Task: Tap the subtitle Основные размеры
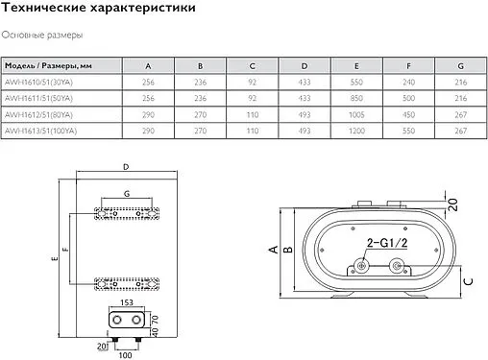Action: tap(41, 36)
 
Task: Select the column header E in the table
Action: tap(356, 66)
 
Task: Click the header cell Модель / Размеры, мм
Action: tap(47, 66)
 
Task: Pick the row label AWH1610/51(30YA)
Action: tap(42, 83)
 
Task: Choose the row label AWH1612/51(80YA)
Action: tap(42, 113)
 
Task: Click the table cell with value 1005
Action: tap(356, 113)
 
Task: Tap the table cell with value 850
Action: tap(356, 98)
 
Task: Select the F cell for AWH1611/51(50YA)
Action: tap(408, 98)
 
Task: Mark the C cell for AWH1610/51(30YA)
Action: tap(252, 83)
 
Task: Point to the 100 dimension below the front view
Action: tap(124, 355)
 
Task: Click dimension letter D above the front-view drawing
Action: tap(126, 168)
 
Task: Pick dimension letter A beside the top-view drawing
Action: tap(273, 251)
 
